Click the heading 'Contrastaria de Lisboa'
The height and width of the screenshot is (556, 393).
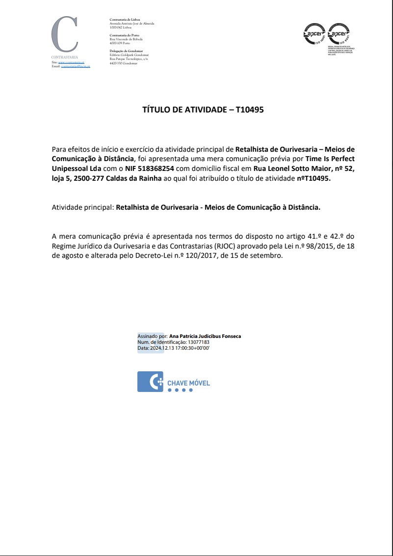[125, 19]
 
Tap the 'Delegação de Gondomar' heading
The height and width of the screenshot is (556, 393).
[126, 51]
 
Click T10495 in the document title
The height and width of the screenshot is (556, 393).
[250, 110]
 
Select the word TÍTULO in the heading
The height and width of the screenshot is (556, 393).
[155, 110]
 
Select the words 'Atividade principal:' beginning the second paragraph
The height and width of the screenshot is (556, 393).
[82, 207]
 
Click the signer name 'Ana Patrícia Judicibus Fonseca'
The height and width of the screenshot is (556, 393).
[205, 336]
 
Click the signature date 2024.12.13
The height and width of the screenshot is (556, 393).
[163, 348]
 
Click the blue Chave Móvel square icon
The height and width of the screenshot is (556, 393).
[150, 382]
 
